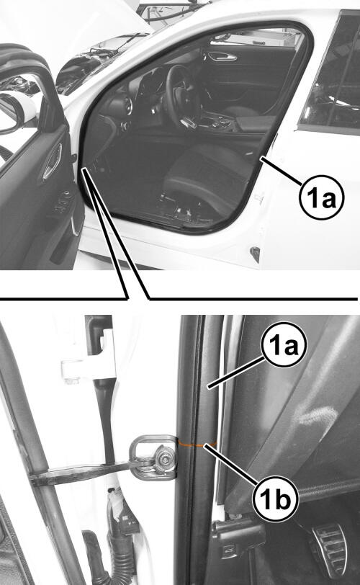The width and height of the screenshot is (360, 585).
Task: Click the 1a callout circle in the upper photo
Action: pos(321,197)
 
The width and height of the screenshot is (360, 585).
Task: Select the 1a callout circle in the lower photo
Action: pos(284,344)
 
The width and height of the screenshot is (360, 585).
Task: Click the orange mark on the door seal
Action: pos(197,444)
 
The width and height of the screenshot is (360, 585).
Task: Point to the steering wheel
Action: pos(181,93)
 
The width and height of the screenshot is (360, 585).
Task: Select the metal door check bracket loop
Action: pos(153,457)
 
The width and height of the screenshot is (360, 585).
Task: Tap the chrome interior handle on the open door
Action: pos(52,161)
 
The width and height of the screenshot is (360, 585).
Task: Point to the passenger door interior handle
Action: pos(222,57)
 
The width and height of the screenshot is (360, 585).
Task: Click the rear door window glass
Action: pos(332,71)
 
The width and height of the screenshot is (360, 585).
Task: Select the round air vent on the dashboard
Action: pos(124,106)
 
